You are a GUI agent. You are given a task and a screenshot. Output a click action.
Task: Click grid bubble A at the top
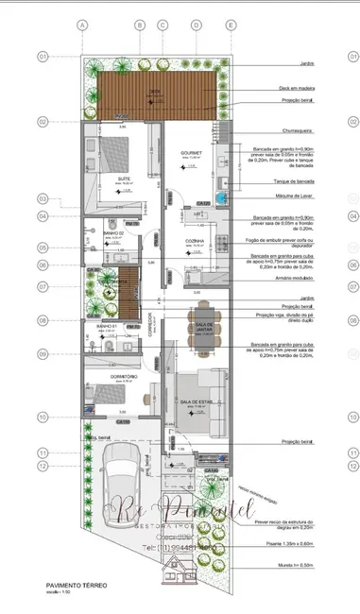click(82, 25)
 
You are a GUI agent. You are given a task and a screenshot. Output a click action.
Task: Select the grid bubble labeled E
click(230, 25)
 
